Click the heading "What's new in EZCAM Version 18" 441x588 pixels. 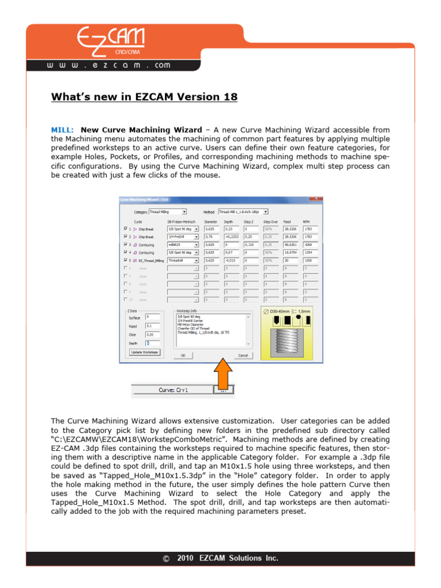[144, 97]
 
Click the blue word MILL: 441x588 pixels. [62, 130]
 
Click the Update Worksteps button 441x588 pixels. [144, 352]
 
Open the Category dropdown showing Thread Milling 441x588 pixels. [168, 212]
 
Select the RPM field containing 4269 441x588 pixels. [310, 244]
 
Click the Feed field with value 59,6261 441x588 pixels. [292, 244]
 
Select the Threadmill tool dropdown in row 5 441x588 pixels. [183, 260]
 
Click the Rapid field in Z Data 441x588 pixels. [153, 325]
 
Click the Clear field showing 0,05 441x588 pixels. [153, 334]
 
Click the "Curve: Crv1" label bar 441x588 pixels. [173, 390]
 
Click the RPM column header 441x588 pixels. [306, 221]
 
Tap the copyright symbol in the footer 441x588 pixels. [167, 558]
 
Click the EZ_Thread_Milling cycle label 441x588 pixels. [151, 260]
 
